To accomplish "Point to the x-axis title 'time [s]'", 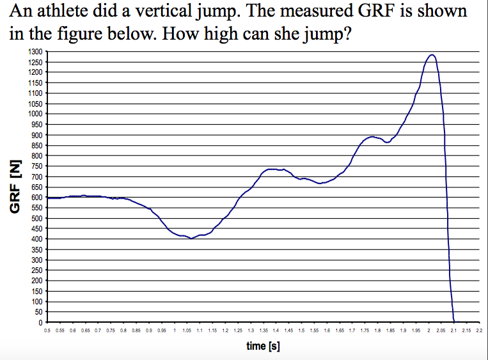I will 263,346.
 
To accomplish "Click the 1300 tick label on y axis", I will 34,52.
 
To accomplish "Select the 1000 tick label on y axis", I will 34,114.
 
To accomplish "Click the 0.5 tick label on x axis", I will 47,331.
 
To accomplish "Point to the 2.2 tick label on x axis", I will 479,331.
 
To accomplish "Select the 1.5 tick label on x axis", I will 301,331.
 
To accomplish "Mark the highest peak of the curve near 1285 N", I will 432,55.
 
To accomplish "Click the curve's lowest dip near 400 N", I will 191,239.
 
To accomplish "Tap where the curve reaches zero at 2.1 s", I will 454,322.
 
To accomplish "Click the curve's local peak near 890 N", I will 372,137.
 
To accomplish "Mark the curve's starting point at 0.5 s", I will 48,198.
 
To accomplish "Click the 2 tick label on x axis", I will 428,331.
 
